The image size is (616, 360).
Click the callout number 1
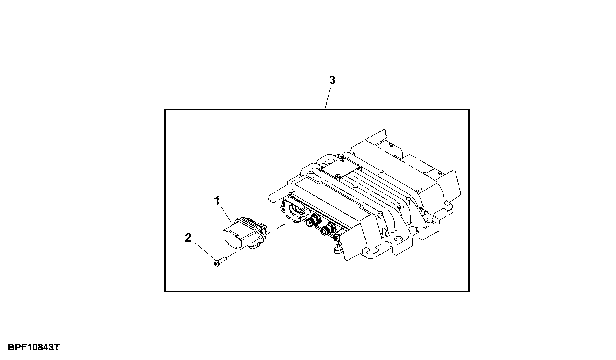point(217,200)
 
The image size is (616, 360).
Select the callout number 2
point(188,238)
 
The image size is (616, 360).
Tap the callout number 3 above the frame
point(332,80)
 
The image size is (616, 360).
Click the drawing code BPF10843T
point(34,347)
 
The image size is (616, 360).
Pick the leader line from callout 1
point(228,215)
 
